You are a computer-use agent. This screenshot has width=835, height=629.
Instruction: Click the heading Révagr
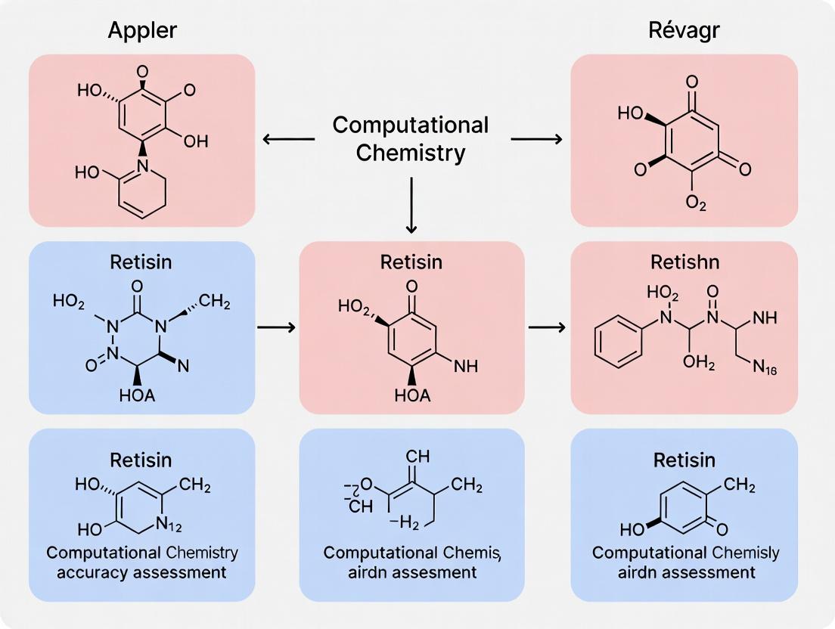pyautogui.click(x=684, y=31)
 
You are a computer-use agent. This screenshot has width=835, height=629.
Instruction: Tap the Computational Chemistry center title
pyautogui.click(x=411, y=138)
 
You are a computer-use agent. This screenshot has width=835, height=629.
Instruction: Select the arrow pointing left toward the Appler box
pyautogui.click(x=288, y=138)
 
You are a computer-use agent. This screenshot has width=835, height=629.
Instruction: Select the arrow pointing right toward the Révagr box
pyautogui.click(x=536, y=138)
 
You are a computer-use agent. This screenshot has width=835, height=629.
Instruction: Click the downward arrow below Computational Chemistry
pyautogui.click(x=411, y=205)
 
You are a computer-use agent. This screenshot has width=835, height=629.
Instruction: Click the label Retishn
pyautogui.click(x=684, y=262)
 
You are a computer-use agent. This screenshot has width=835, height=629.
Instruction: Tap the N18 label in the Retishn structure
pyautogui.click(x=765, y=369)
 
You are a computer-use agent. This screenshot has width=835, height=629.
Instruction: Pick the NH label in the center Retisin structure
pyautogui.click(x=465, y=366)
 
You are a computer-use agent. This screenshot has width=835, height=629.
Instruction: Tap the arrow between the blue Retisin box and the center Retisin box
pyautogui.click(x=275, y=327)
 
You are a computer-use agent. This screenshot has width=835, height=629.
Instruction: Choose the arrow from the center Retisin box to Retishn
pyautogui.click(x=546, y=327)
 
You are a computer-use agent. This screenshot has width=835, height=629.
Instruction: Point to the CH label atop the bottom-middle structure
pyautogui.click(x=417, y=457)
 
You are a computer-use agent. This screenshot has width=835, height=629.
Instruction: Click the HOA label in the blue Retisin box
pyautogui.click(x=137, y=395)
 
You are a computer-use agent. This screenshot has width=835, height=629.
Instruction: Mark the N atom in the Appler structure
pyautogui.click(x=142, y=164)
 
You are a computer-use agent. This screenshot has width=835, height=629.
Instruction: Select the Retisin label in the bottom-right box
pyautogui.click(x=684, y=460)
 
